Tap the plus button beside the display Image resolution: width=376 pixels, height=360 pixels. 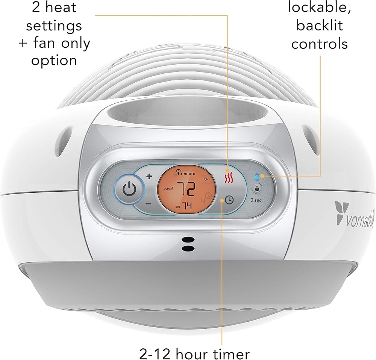(x=149, y=176)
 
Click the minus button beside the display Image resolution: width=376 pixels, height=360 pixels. (x=149, y=203)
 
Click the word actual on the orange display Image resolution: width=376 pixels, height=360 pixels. (x=168, y=189)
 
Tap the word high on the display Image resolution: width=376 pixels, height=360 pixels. (x=205, y=179)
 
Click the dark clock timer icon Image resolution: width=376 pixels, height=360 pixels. (x=229, y=200)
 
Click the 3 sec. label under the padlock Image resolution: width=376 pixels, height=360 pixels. (x=258, y=200)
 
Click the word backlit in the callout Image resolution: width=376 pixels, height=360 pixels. (x=320, y=26)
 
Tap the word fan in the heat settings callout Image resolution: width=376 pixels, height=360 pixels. (x=49, y=44)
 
